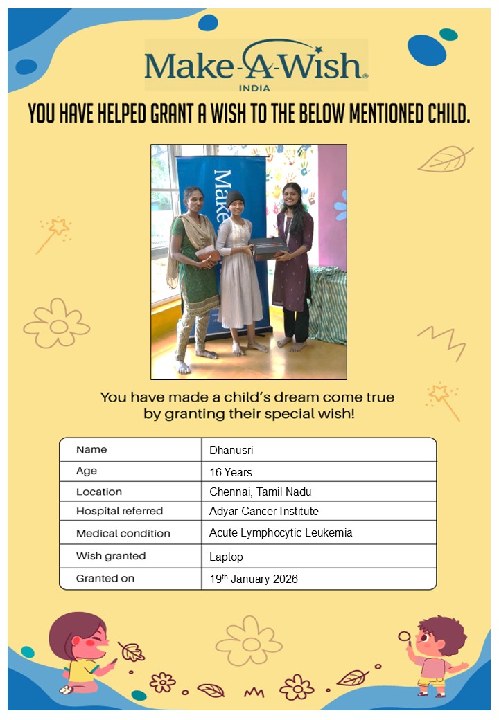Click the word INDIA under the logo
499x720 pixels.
pyautogui.click(x=255, y=88)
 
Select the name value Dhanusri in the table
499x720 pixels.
pyautogui.click(x=231, y=450)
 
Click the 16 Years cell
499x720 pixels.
pyautogui.click(x=231, y=472)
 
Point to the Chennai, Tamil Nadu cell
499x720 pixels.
pyautogui.click(x=260, y=492)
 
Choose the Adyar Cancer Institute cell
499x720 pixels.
pyautogui.click(x=263, y=511)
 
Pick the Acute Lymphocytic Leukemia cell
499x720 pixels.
pyautogui.click(x=281, y=533)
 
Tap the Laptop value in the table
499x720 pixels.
pyautogui.click(x=226, y=557)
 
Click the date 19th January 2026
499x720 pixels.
pyautogui.click(x=253, y=579)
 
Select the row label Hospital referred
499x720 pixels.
pyautogui.click(x=119, y=511)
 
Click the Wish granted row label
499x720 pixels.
pyautogui.click(x=111, y=556)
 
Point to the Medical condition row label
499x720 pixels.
pyautogui.click(x=123, y=533)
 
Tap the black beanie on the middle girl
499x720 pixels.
pyautogui.click(x=236, y=199)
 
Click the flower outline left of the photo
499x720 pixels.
pyautogui.click(x=57, y=323)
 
